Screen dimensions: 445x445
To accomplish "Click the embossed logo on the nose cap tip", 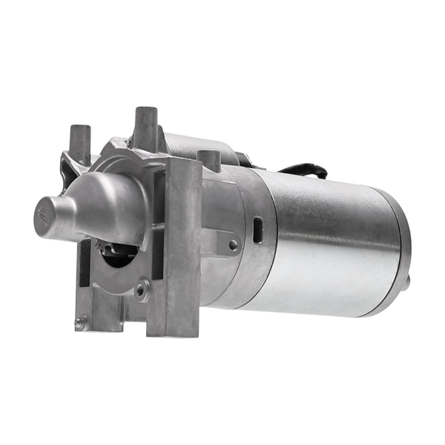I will pos(42,216).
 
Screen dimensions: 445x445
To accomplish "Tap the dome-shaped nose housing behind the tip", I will pos(104,204).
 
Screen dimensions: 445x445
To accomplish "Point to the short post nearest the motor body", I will pos(209,160).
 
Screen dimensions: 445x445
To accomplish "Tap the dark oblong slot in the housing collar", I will pos(257,228).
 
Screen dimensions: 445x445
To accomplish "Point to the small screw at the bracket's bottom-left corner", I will pos(79,323).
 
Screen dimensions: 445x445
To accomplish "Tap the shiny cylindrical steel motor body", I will pos(326,237).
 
